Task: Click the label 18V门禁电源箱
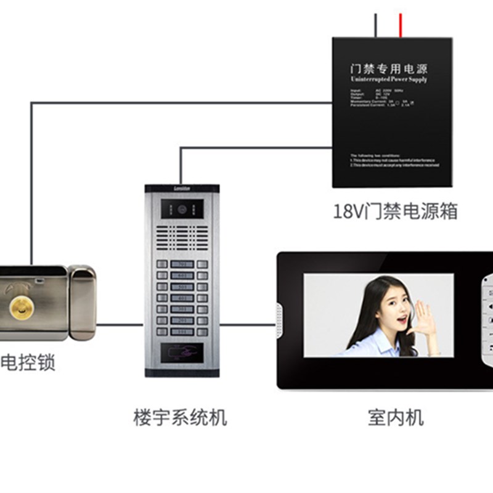[x=395, y=211]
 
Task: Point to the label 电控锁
[x=28, y=362]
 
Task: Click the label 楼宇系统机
[x=180, y=417]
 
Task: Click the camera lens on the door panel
[x=182, y=209]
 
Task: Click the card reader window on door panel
[x=182, y=352]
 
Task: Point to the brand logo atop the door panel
[x=182, y=187]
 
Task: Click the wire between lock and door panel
[x=120, y=324]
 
